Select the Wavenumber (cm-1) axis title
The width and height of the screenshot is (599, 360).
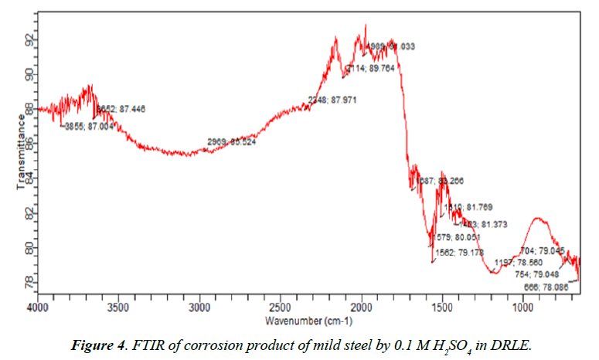click(x=308, y=321)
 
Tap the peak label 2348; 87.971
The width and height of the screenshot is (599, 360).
click(x=332, y=100)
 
